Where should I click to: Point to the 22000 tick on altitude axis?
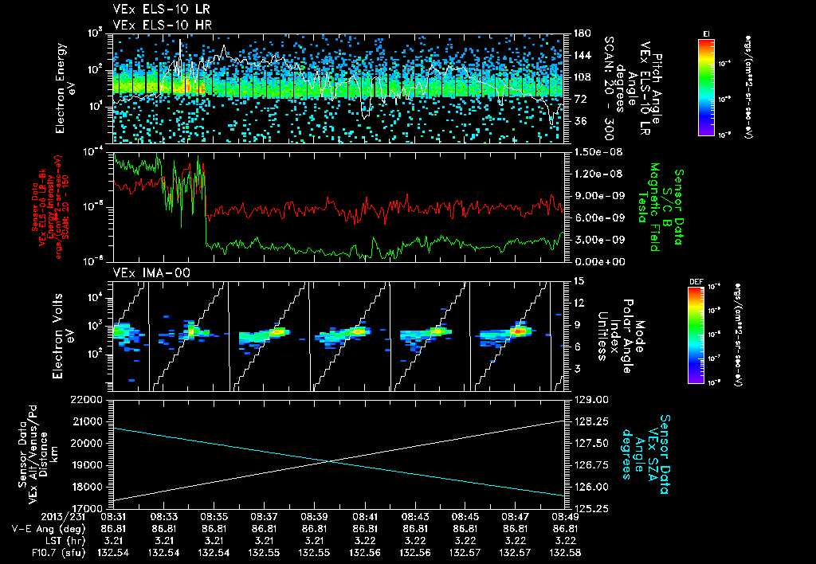(92, 399)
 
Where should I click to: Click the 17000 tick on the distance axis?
(92, 507)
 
